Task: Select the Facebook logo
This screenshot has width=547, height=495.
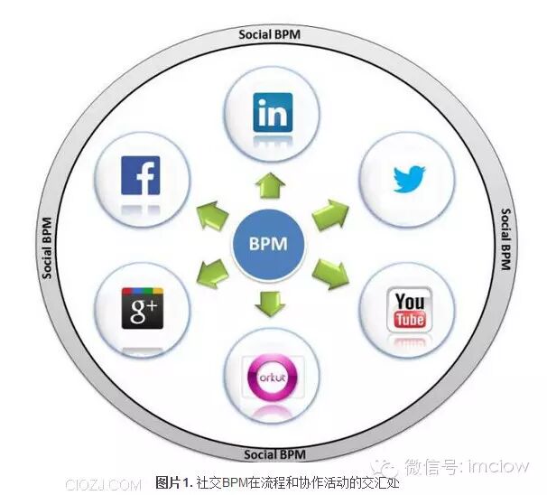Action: click(x=140, y=176)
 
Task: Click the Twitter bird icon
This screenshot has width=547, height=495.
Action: click(x=408, y=178)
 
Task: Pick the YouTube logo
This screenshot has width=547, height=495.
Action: click(x=408, y=310)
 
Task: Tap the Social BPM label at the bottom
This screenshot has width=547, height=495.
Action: click(x=273, y=453)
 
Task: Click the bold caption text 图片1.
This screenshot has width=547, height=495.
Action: click(x=175, y=482)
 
